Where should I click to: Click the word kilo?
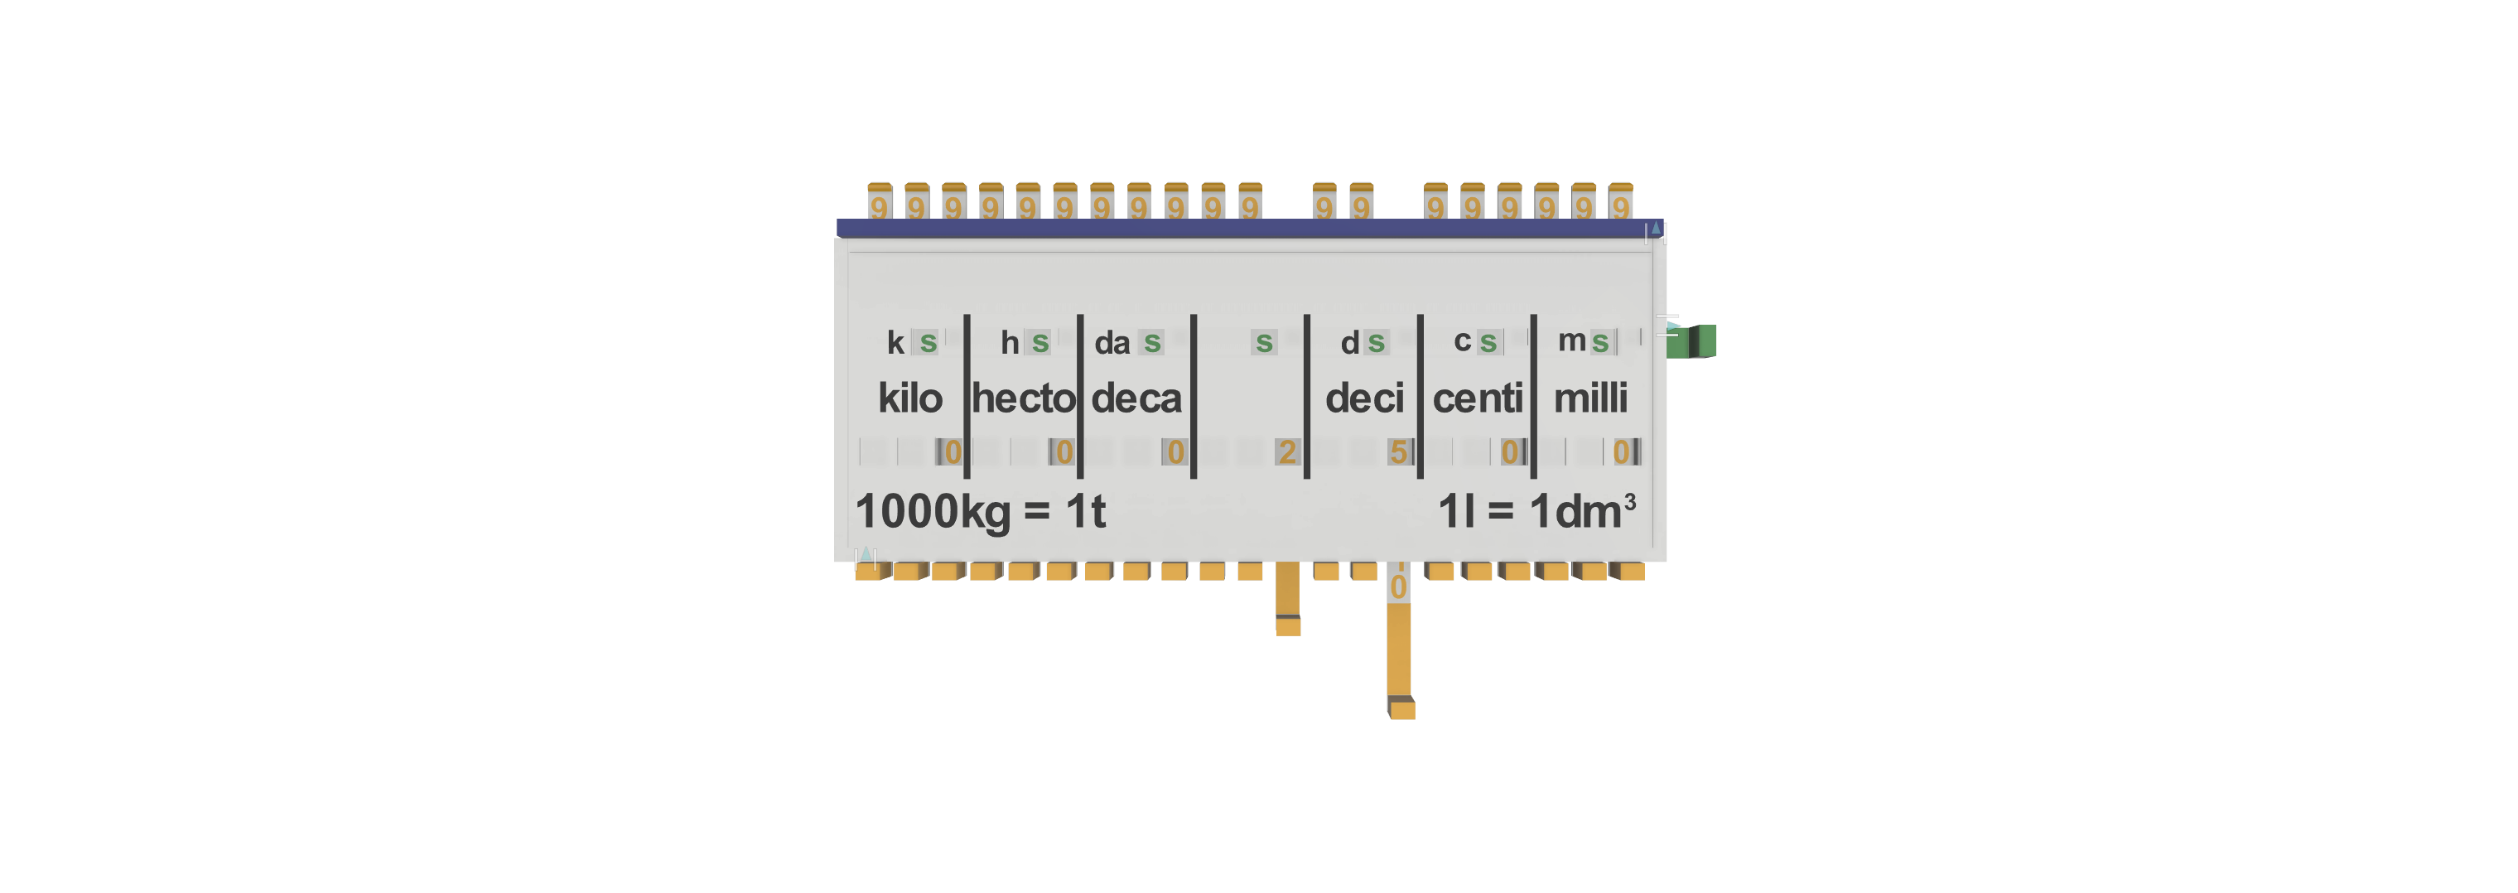909,398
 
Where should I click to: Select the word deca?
1136,398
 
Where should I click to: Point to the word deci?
1363,398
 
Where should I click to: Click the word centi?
1477,398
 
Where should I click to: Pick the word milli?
1590,398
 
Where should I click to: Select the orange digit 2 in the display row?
1286,451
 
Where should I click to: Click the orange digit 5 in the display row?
1399,451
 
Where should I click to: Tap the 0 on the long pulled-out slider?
1399,586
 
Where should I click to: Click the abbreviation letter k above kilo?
895,342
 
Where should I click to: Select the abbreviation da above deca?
1112,343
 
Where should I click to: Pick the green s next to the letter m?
1599,342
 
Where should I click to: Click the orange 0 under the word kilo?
952,451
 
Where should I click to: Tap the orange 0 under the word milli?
1621,451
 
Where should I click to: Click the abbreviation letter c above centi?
1461,341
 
